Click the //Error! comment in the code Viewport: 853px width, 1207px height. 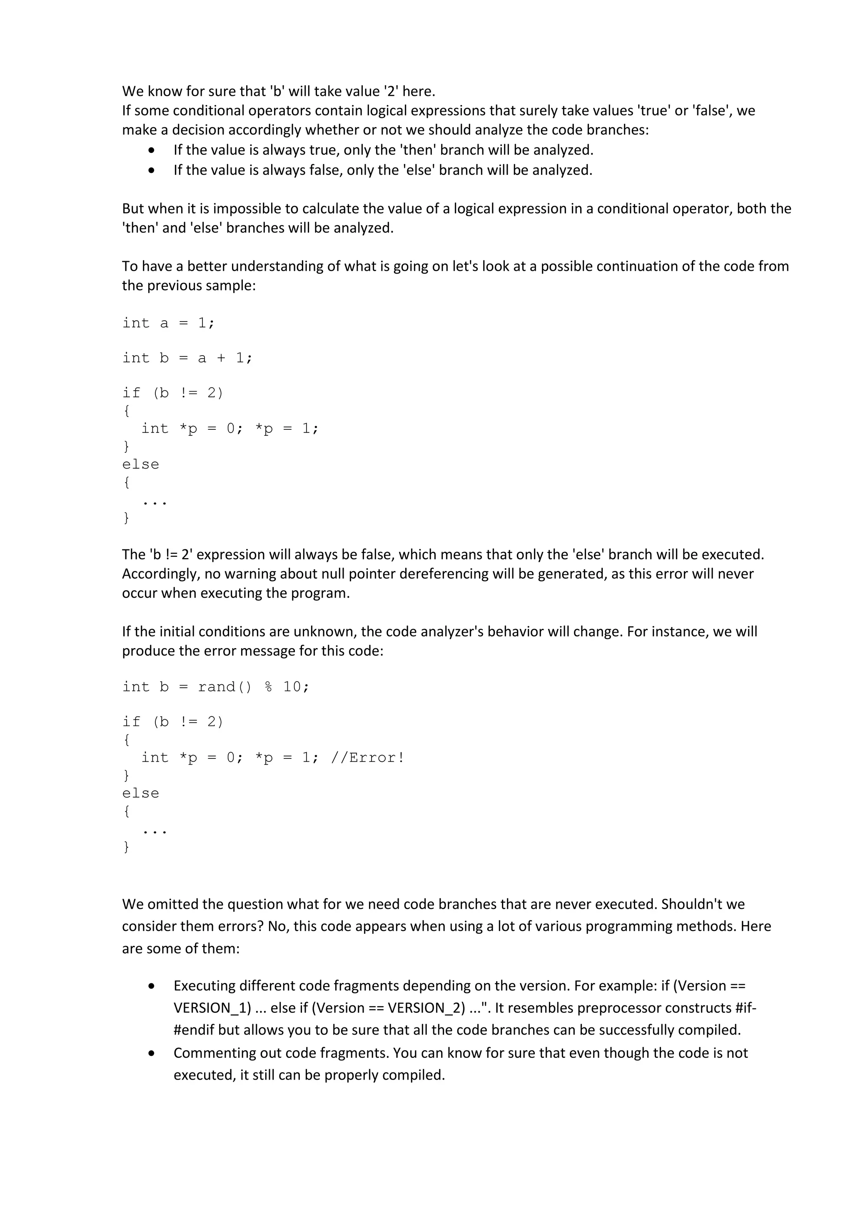(x=367, y=758)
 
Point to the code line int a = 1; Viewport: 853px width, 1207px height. (x=168, y=323)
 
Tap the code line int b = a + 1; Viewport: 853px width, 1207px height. (x=187, y=358)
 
